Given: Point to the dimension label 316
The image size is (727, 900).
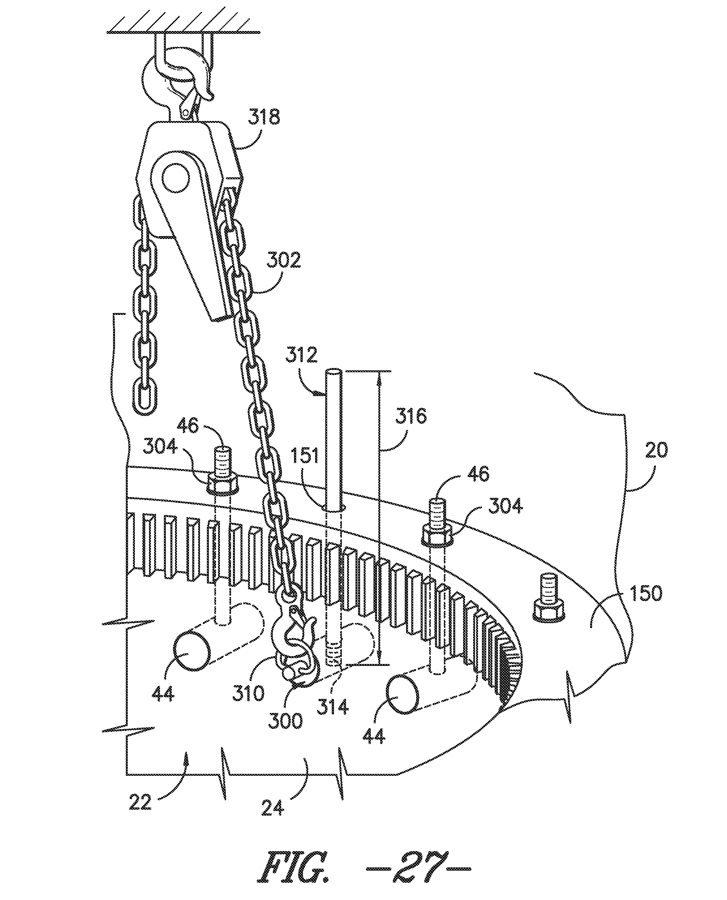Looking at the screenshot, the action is pyautogui.click(x=411, y=417).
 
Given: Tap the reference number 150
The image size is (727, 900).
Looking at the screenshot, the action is pyautogui.click(x=645, y=594).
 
